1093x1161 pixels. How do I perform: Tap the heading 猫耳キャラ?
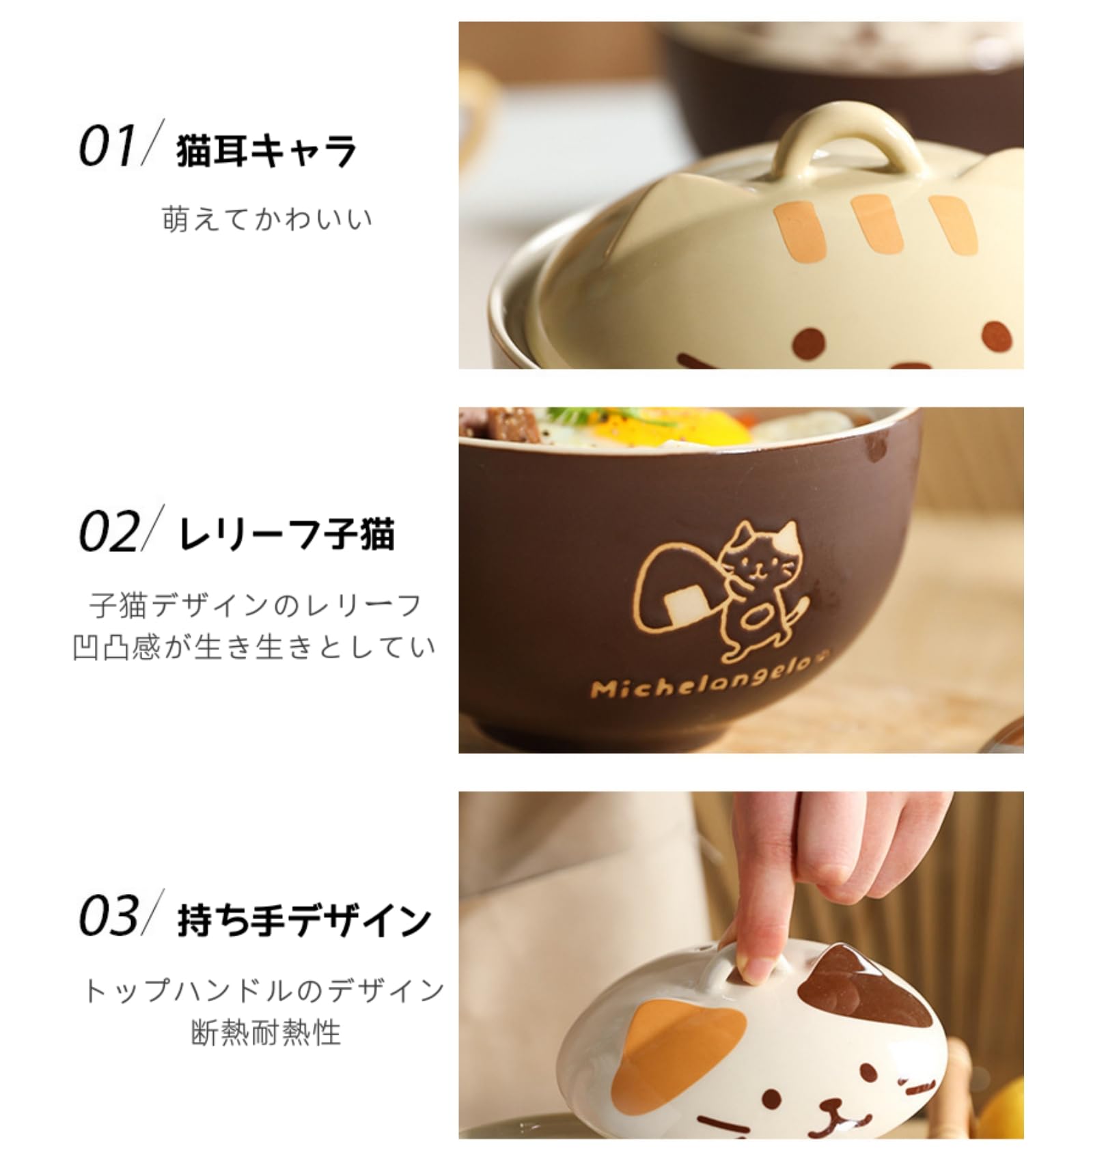tap(266, 151)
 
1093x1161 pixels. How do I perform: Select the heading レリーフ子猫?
tap(286, 535)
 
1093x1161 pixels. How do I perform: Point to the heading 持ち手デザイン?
tap(303, 921)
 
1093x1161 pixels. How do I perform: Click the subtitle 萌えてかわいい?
tap(267, 219)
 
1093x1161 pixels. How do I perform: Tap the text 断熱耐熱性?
tap(266, 1033)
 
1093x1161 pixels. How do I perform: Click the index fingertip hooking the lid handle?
tap(755, 968)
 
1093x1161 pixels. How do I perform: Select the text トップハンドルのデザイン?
tap(264, 990)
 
